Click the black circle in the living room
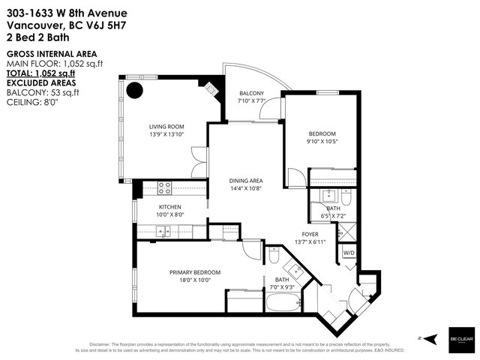click(x=134, y=91)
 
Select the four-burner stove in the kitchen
click(x=166, y=188)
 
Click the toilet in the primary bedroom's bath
click(x=275, y=258)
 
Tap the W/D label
click(x=349, y=253)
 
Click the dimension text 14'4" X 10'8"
click(x=245, y=189)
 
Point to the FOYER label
click(x=311, y=233)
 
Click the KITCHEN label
click(x=170, y=207)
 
